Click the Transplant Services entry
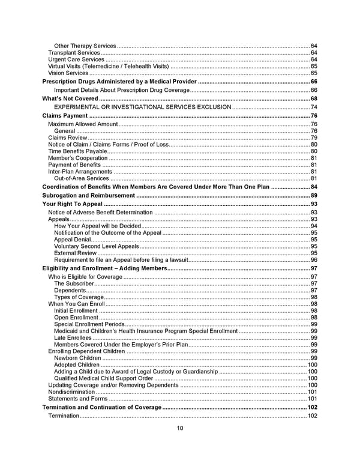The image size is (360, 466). tap(74, 53)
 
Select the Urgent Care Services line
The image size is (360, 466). tap(76, 59)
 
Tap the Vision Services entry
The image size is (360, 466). tap(68, 73)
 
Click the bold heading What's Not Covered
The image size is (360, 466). tap(70, 98)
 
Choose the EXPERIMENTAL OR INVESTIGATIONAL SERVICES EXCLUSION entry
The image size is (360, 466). tap(142, 106)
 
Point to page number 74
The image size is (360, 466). tap(314, 106)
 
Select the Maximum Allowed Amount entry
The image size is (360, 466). tap(83, 124)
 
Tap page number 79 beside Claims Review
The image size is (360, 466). tap(314, 138)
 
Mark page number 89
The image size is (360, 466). tap(314, 195)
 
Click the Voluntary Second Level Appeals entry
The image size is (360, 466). tap(96, 246)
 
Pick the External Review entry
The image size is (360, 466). tap(75, 253)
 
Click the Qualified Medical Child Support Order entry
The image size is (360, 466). tap(103, 378)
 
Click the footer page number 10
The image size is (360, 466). tap(180, 428)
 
